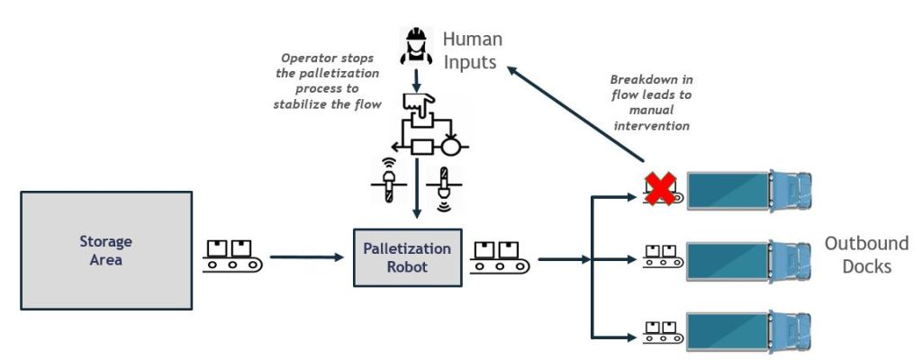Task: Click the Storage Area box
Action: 107,249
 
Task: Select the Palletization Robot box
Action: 407,256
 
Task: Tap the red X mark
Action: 661,190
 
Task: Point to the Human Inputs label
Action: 472,51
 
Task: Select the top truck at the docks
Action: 748,191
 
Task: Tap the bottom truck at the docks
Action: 748,330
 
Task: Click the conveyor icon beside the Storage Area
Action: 230,256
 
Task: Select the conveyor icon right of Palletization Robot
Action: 500,256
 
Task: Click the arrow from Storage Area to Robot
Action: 307,258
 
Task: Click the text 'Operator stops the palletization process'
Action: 327,80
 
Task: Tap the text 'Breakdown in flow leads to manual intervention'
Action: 650,102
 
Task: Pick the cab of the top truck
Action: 791,191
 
